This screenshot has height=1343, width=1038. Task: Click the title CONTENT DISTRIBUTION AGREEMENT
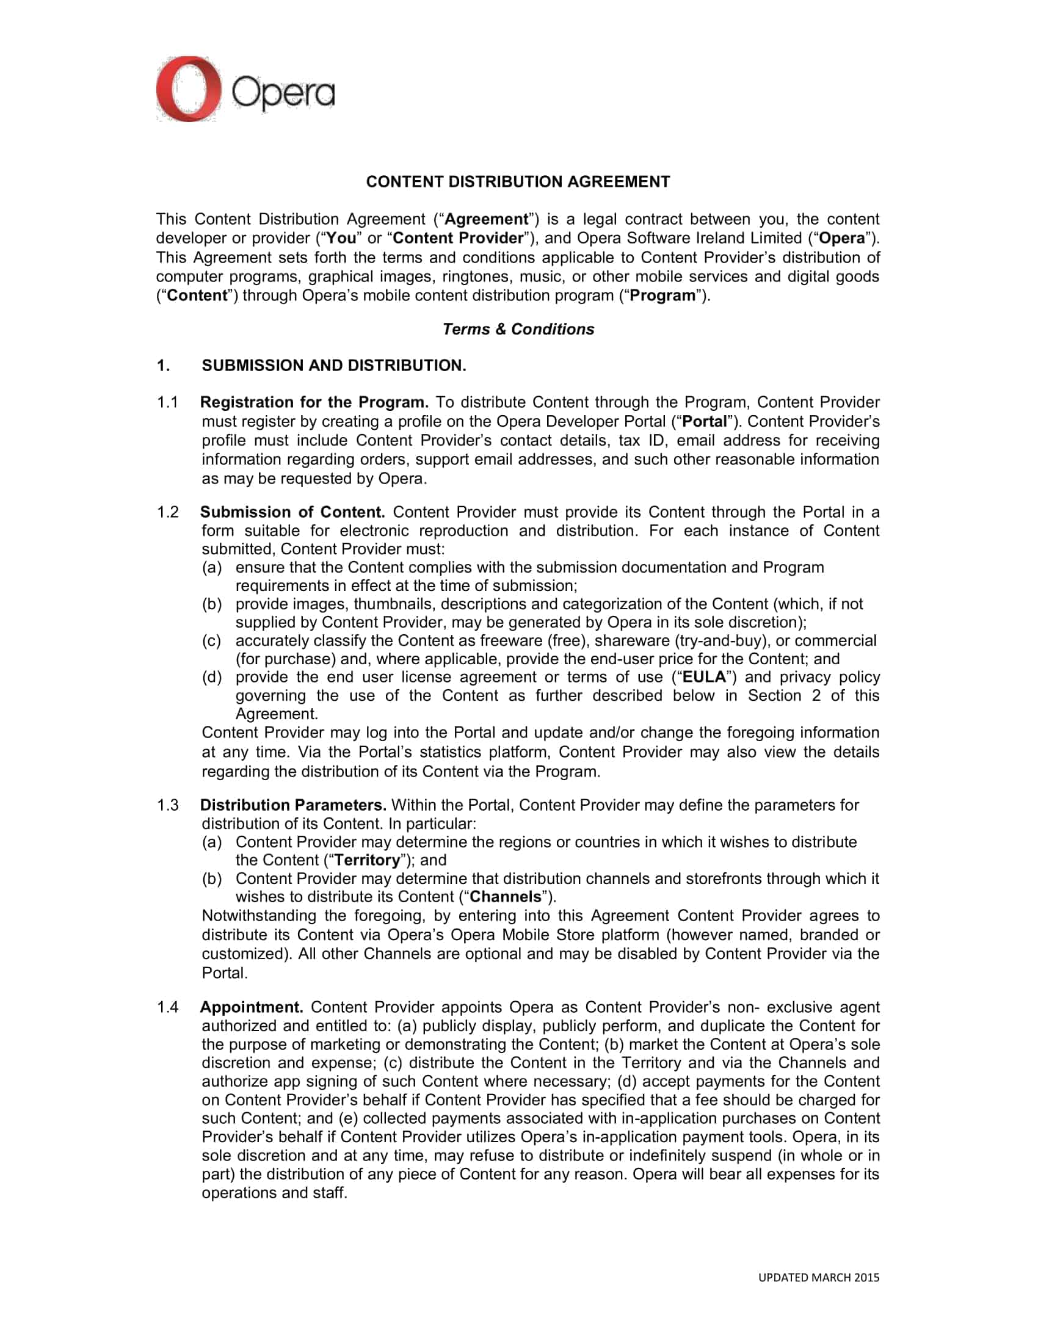pos(518,181)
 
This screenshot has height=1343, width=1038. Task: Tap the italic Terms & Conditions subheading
pos(518,329)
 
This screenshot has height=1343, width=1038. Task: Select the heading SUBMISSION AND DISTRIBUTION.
pos(333,365)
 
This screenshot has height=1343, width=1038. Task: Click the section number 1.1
pos(167,402)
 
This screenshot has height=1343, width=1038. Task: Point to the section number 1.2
pos(167,512)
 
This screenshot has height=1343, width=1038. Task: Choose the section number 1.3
pos(167,805)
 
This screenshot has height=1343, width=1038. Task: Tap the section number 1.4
pos(167,1007)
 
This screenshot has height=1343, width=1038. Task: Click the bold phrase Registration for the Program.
pos(314,402)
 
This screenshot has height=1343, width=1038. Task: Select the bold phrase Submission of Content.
pos(292,512)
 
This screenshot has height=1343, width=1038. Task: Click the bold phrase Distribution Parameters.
pos(293,805)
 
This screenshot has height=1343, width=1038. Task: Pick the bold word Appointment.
pos(252,1007)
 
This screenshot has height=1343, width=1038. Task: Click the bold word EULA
pos(704,677)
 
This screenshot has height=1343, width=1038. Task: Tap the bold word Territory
pos(367,860)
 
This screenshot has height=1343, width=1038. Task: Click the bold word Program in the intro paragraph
pos(662,295)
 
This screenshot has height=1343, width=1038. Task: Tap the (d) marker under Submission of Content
pos(211,677)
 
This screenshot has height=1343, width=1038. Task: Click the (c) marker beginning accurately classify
pos(211,640)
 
